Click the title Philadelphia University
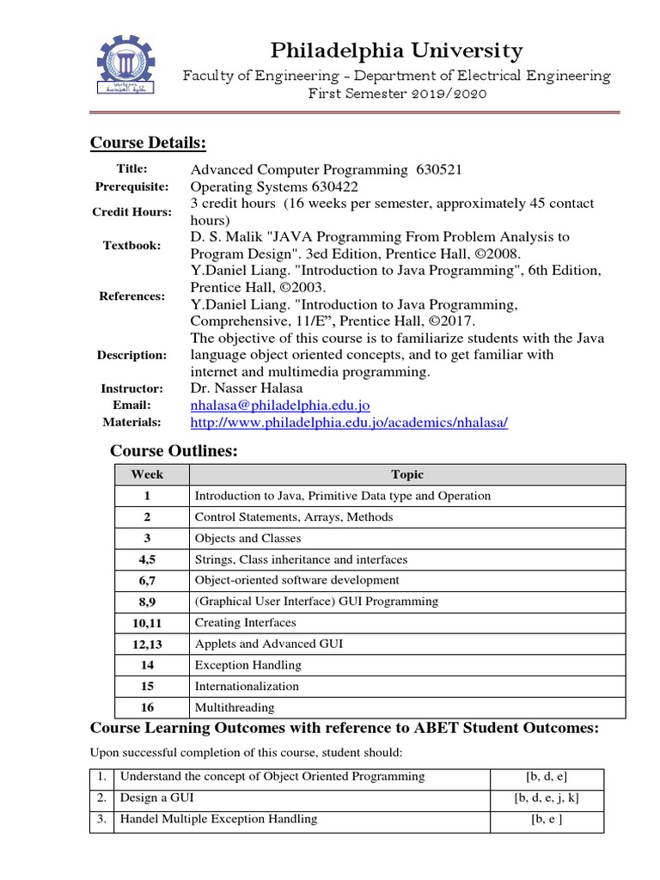pos(395,51)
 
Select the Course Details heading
pos(148,142)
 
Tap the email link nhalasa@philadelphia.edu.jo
pos(280,405)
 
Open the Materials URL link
pos(349,422)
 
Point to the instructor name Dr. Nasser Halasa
pos(247,388)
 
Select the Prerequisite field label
pos(131,186)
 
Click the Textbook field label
pos(131,245)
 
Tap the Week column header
pos(147,474)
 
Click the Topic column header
pos(407,474)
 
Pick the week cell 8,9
pos(147,602)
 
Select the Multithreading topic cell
pos(235,707)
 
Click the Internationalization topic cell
pos(247,686)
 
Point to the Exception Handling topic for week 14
pos(247,665)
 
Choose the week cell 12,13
pos(147,644)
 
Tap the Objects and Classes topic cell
pos(247,538)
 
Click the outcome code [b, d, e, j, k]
pos(547,797)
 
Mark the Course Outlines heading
pos(174,451)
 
